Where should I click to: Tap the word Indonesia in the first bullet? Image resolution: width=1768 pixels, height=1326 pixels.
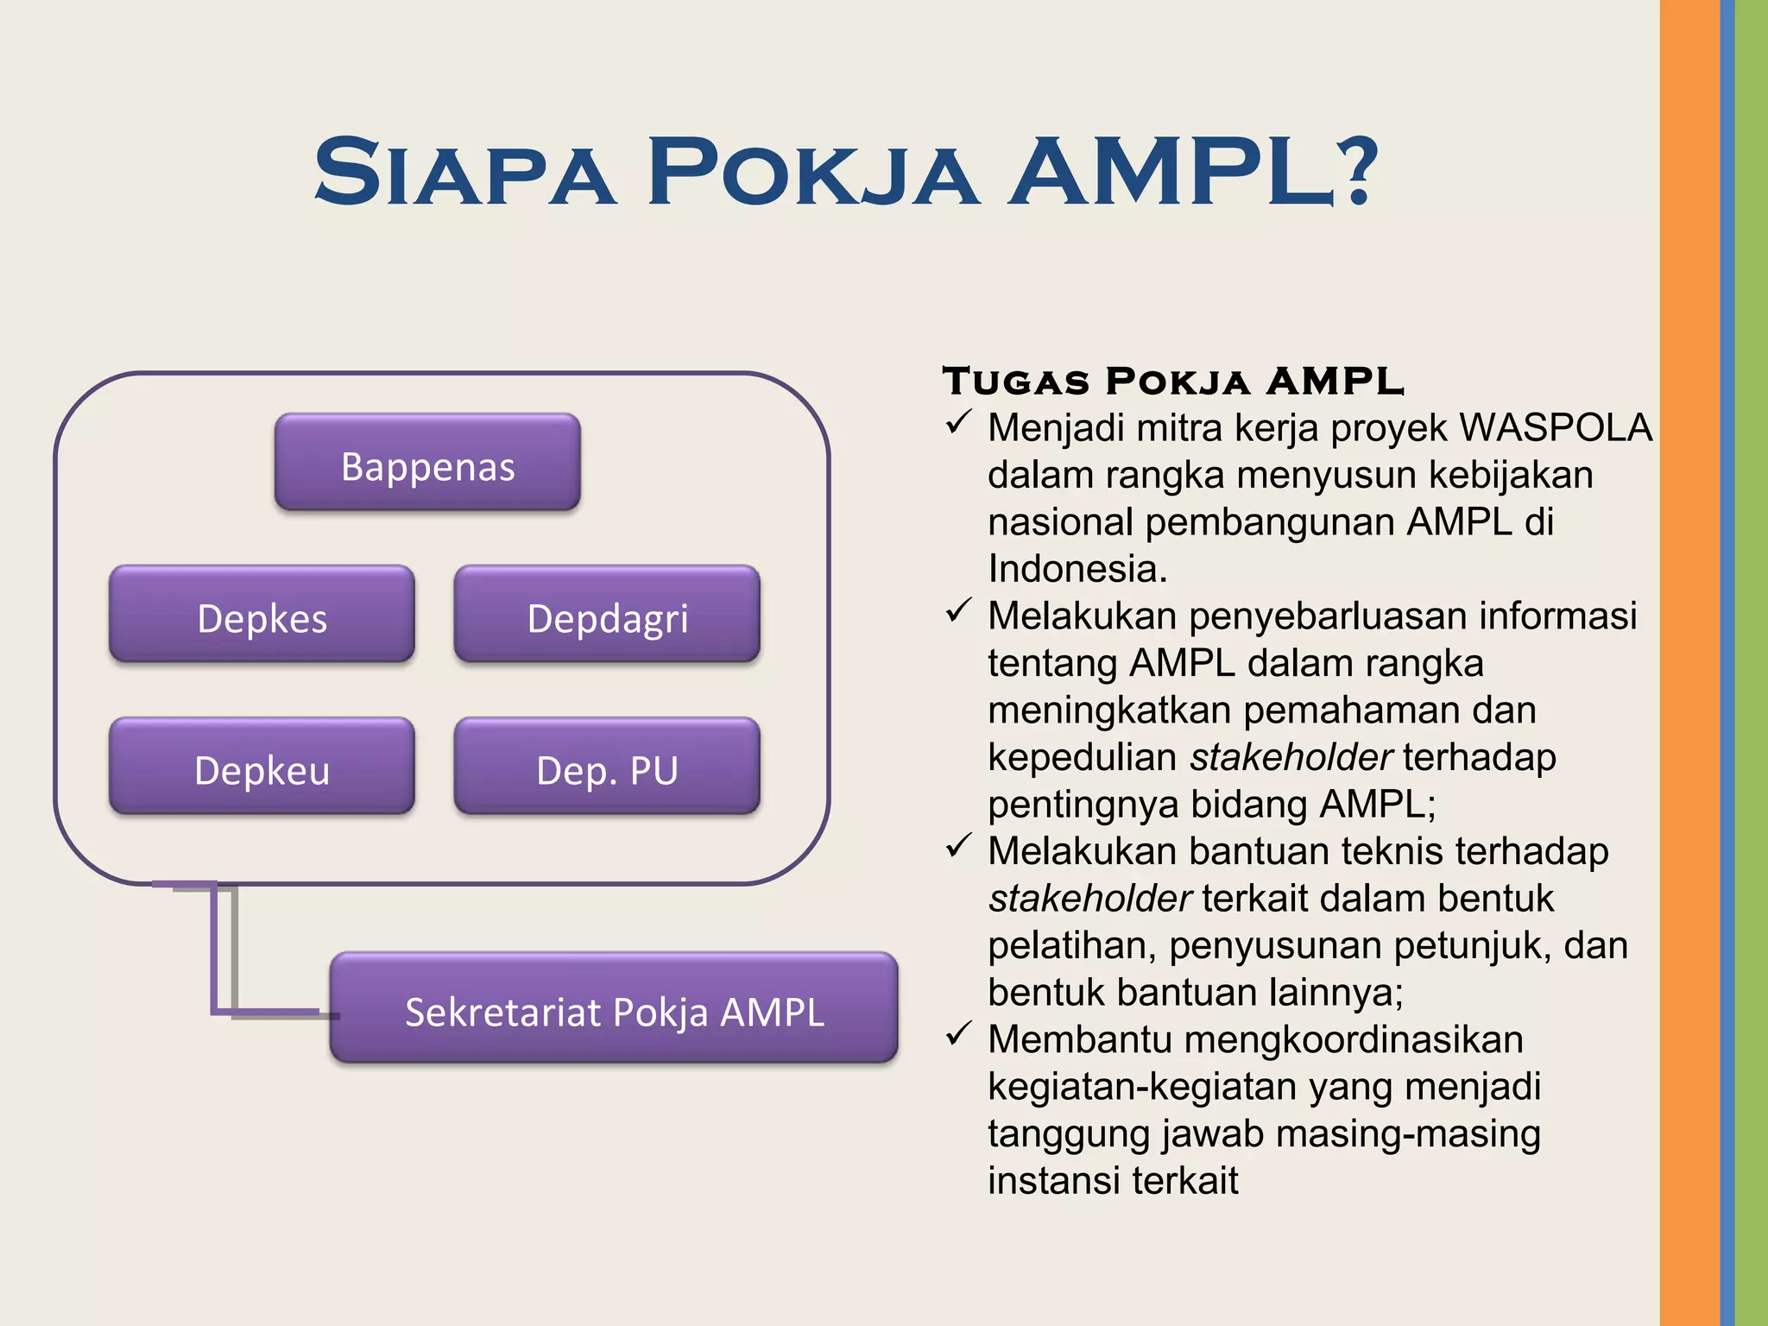click(1077, 569)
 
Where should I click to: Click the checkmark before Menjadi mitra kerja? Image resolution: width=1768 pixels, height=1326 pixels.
click(958, 423)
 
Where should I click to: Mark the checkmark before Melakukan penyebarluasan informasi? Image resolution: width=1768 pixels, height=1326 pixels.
click(958, 611)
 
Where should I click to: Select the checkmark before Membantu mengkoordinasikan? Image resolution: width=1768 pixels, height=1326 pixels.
click(958, 1033)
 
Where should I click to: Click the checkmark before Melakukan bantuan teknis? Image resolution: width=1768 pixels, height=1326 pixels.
click(958, 846)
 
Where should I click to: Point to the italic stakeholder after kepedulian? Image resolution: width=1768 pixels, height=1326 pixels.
click(1290, 757)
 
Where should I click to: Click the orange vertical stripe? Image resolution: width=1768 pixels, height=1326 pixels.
click(1689, 663)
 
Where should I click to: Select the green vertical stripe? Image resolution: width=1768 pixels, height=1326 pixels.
click(1752, 663)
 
